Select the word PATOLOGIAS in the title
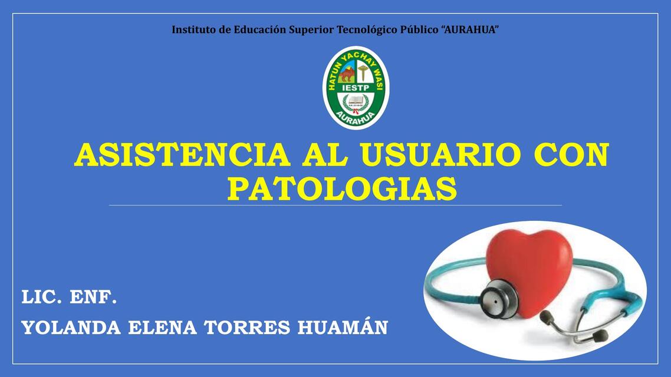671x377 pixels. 342,189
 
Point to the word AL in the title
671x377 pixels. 326,156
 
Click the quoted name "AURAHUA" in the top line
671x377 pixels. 470,29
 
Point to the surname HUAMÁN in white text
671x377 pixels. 343,328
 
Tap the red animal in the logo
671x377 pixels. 347,74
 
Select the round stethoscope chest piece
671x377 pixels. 498,298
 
